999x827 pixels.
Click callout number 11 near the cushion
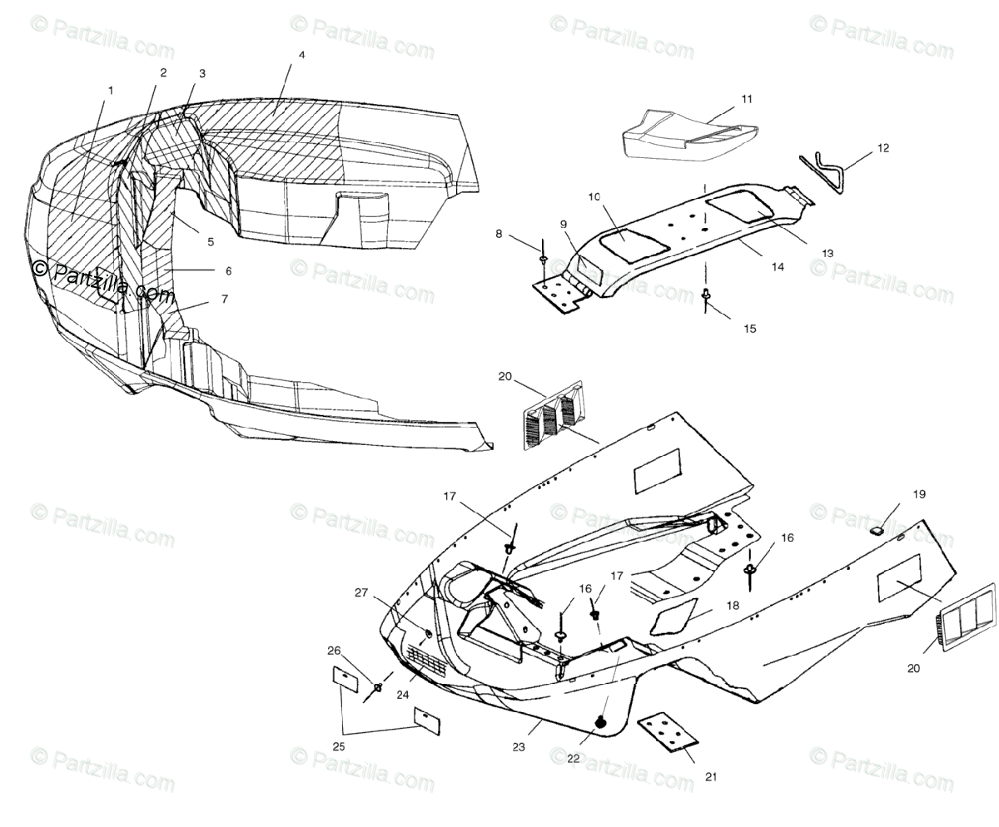coord(747,99)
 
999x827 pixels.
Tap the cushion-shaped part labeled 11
coord(687,134)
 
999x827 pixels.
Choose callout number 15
coord(750,329)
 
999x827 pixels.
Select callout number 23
coord(519,747)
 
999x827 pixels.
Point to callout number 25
coord(339,747)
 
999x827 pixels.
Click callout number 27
coord(361,592)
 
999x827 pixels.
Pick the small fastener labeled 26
coord(378,687)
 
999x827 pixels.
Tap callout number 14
coord(777,267)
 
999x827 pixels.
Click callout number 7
coord(224,299)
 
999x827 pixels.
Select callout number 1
coord(110,90)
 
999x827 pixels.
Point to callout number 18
coord(733,606)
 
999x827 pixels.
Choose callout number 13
coord(827,253)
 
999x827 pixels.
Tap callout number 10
coord(617,197)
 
